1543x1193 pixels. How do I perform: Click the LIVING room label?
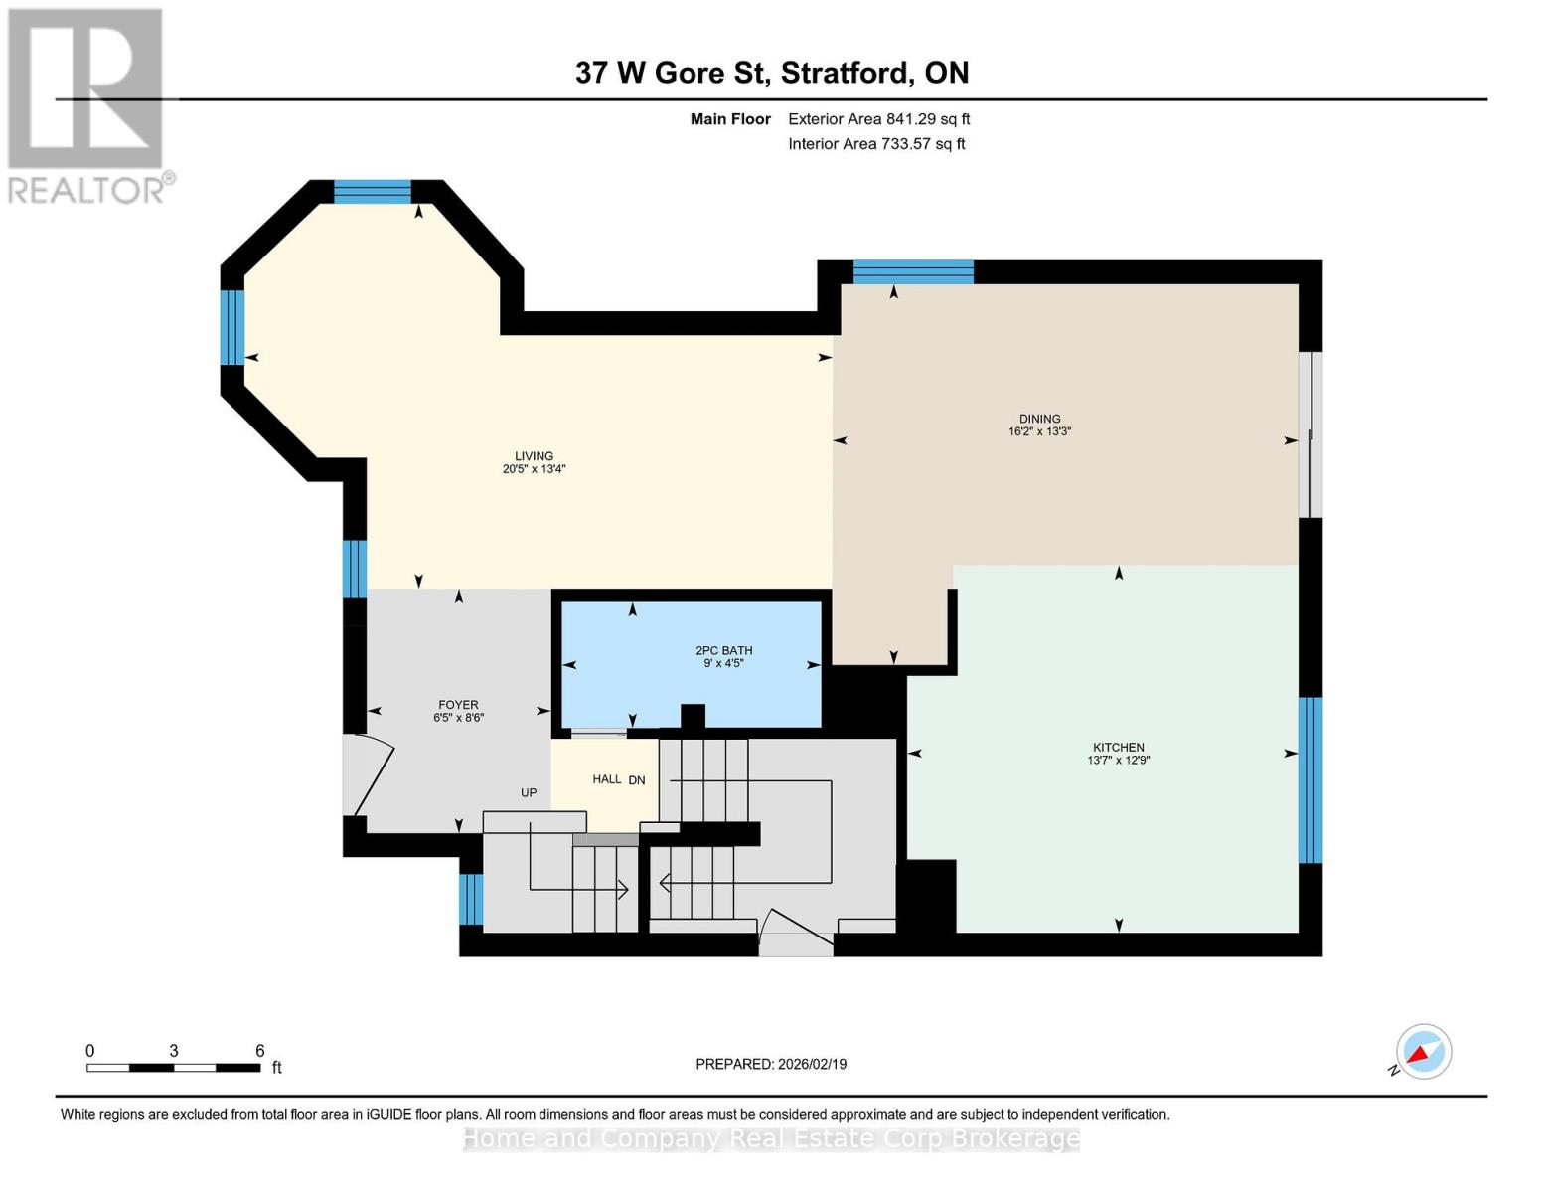(534, 456)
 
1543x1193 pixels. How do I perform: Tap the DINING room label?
(1039, 419)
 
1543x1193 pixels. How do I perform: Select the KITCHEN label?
(1118, 747)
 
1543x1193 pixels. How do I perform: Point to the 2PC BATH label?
(723, 650)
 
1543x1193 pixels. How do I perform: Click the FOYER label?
(458, 705)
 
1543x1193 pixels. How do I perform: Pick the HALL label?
(606, 779)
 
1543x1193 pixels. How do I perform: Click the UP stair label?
(529, 792)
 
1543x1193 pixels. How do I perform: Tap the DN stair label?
(637, 780)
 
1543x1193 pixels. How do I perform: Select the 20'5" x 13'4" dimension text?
(534, 469)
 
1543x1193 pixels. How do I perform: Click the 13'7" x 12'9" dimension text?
(1118, 761)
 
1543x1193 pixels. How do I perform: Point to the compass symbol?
(1423, 1052)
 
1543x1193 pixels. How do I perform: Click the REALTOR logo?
(87, 105)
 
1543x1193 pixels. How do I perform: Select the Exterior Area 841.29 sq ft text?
(878, 119)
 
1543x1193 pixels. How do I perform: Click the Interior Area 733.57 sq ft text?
(876, 144)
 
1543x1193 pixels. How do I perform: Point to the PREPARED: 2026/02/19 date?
(771, 1064)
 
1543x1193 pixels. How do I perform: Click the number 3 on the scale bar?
(174, 1051)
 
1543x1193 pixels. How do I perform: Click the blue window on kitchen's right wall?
(1311, 779)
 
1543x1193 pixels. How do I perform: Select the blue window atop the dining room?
(913, 271)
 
